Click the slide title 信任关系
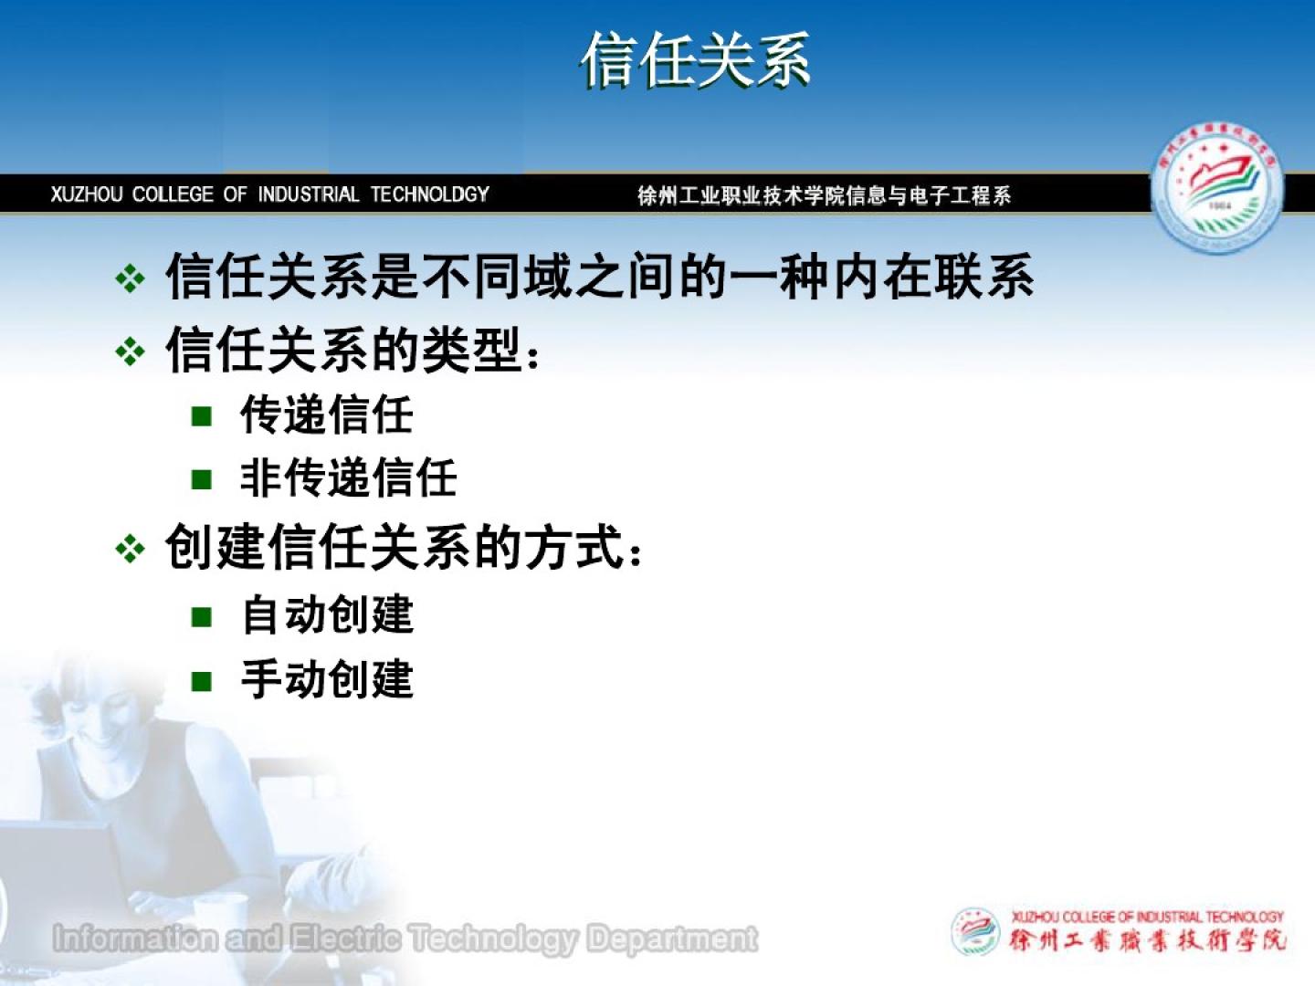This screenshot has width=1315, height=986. [695, 60]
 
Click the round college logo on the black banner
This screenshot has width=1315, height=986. [1216, 188]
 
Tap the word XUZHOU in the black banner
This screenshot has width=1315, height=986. [87, 194]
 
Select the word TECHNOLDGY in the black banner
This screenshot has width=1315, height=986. [429, 194]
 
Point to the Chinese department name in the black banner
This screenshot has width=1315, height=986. [825, 195]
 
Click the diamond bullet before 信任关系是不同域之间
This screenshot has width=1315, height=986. [130, 278]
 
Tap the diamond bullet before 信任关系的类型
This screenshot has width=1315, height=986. [130, 351]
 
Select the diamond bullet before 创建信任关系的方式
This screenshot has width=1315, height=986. [130, 549]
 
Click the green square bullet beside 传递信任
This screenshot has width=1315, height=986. [201, 415]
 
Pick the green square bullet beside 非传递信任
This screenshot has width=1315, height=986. [201, 479]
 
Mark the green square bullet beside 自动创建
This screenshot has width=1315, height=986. [201, 616]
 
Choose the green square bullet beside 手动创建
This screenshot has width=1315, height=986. [201, 681]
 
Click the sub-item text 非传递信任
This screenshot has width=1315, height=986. [349, 478]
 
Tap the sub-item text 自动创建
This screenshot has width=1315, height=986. [327, 614]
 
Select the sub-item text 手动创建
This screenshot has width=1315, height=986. [327, 679]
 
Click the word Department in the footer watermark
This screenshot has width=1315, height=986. [672, 939]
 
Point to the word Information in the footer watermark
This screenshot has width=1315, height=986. [135, 938]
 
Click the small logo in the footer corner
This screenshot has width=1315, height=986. [975, 931]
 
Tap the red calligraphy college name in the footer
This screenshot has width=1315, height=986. [1147, 941]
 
